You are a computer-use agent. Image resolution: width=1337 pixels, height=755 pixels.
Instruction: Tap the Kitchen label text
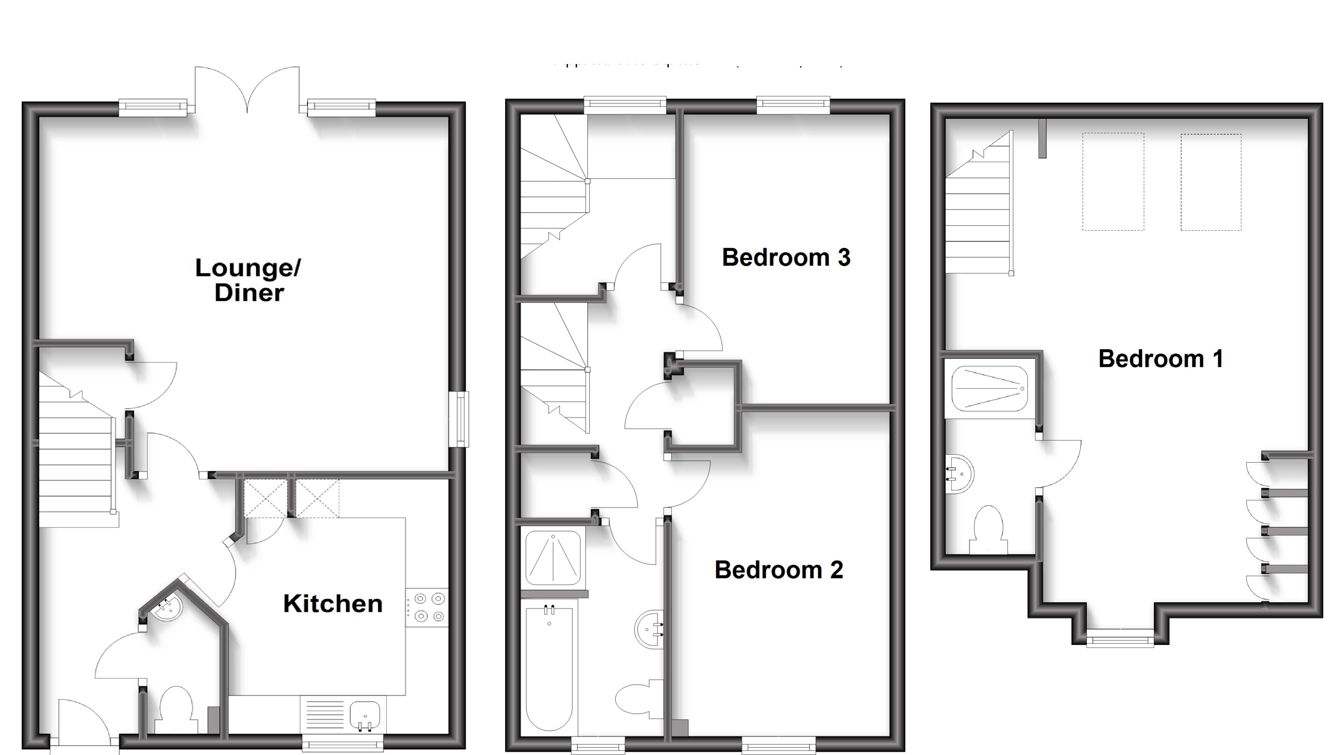pyautogui.click(x=333, y=603)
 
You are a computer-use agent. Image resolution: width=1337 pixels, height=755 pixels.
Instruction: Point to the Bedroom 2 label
pyautogui.click(x=779, y=570)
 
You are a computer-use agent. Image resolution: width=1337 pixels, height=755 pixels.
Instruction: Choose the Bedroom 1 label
pyautogui.click(x=1160, y=359)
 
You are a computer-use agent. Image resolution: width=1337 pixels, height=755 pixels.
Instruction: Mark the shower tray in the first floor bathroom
pyautogui.click(x=553, y=558)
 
